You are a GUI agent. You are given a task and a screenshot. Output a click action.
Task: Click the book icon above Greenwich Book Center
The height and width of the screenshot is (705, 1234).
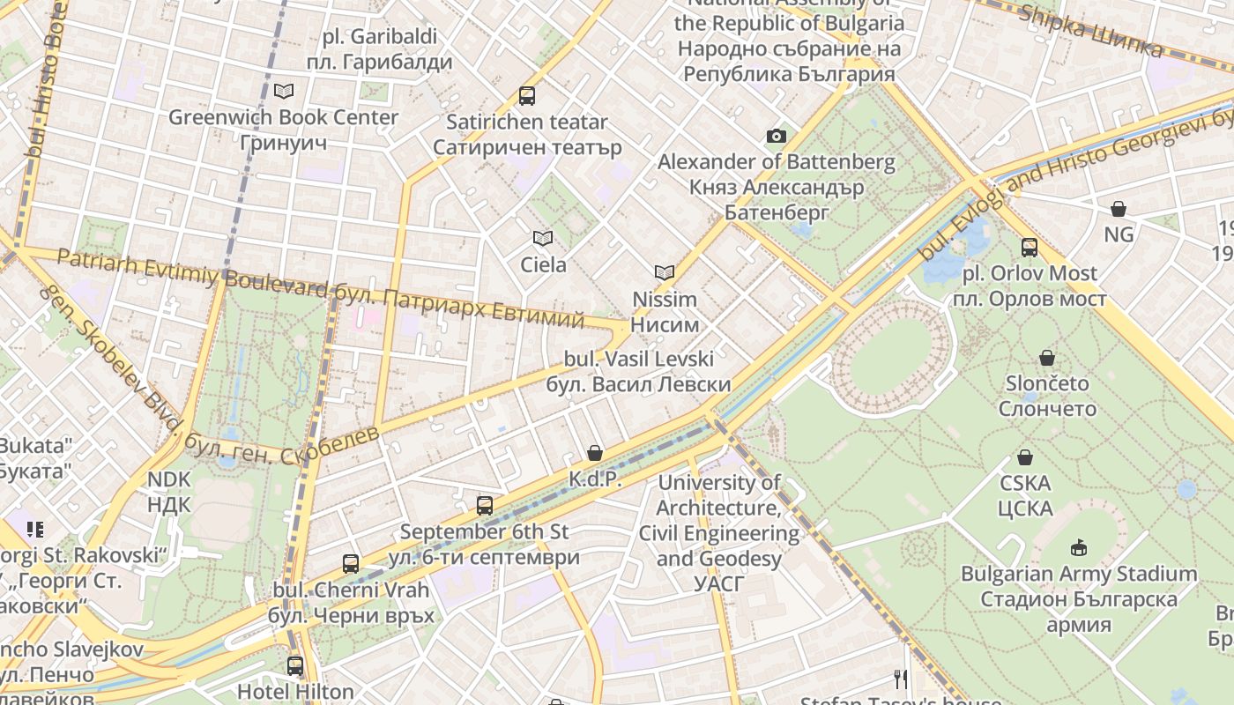point(284,91)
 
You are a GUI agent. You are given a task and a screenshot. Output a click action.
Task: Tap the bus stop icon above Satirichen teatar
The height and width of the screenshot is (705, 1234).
point(527,96)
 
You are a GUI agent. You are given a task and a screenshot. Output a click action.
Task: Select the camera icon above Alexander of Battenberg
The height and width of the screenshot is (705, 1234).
point(776,136)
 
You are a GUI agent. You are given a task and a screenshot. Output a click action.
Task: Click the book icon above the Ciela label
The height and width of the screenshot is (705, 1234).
point(543,238)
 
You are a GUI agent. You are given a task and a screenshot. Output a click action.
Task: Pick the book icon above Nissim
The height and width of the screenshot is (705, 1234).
point(665,273)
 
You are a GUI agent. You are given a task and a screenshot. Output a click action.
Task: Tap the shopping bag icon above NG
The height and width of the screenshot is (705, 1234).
point(1119,209)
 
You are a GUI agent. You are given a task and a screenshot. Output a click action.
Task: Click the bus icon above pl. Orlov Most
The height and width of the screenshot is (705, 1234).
point(1029,248)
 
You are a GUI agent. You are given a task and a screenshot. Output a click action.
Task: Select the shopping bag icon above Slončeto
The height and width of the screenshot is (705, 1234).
point(1047,358)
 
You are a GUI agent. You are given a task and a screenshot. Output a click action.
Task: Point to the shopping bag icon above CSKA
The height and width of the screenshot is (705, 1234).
point(1025,457)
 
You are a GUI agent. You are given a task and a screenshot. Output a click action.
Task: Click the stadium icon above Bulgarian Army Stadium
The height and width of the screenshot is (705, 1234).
point(1078,548)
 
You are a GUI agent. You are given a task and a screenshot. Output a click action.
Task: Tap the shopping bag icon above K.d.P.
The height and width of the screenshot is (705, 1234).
point(595,453)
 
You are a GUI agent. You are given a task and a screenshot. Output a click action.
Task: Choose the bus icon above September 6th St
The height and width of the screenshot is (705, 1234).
point(484,506)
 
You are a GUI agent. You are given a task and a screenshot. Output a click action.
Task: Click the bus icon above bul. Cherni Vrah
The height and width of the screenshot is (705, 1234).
point(351,564)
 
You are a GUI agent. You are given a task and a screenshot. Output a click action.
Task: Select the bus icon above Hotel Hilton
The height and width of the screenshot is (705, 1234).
point(295,666)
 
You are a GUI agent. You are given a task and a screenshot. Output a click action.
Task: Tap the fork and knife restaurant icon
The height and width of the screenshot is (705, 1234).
point(901,679)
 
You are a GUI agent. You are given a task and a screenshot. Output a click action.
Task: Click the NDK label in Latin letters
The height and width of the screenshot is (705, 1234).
point(168,479)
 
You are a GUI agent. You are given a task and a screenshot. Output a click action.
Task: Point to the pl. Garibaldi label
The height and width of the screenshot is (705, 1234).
point(380,37)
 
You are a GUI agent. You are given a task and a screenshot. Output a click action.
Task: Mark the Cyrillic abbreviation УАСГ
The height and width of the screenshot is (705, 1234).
point(719,584)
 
